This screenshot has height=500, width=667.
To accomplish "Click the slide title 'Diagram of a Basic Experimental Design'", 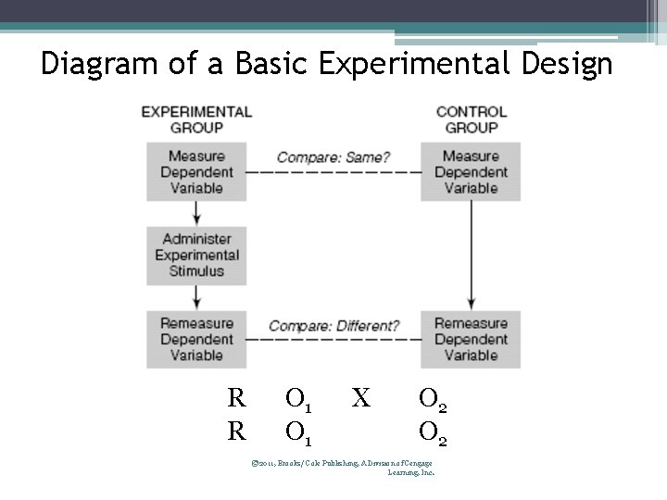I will point(327,65).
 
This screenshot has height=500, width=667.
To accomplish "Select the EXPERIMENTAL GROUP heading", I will point(196,119).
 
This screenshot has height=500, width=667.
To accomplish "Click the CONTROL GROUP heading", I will point(471,119).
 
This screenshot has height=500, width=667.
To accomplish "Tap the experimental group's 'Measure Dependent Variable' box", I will point(196,171).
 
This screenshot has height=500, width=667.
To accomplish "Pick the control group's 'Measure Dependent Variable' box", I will point(471,171).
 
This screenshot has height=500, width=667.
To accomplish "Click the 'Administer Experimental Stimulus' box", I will point(196,255).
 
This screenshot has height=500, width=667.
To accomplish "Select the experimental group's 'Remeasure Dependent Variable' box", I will point(196,339).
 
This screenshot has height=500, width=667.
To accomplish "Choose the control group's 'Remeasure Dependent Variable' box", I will point(471,339).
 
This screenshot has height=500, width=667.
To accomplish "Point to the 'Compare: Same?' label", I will point(333,157).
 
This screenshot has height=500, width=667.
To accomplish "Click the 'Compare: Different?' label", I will point(333,326).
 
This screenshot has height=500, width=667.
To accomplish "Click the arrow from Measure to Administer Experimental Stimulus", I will point(196,214).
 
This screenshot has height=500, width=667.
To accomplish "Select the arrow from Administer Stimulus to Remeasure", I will point(196,297).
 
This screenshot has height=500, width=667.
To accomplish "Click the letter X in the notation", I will point(361,399).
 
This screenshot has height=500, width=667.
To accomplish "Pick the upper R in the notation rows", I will point(236,399).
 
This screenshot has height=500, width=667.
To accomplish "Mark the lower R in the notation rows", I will point(236,431).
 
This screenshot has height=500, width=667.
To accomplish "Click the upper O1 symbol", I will point(298,400).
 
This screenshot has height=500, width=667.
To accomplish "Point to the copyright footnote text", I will point(343,467).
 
